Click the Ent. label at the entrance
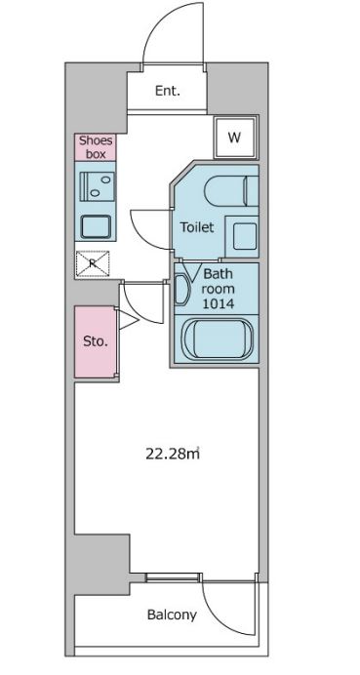[168, 91]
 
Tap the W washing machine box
[234, 138]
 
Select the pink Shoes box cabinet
[96, 147]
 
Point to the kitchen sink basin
[96, 226]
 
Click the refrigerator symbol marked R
[93, 263]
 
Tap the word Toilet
[197, 227]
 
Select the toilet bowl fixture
[231, 190]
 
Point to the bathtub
[217, 338]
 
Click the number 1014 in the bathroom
[218, 304]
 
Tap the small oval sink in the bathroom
[182, 290]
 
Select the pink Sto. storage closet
[96, 341]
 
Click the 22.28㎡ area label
[173, 454]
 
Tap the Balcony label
[172, 615]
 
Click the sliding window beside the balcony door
[173, 576]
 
